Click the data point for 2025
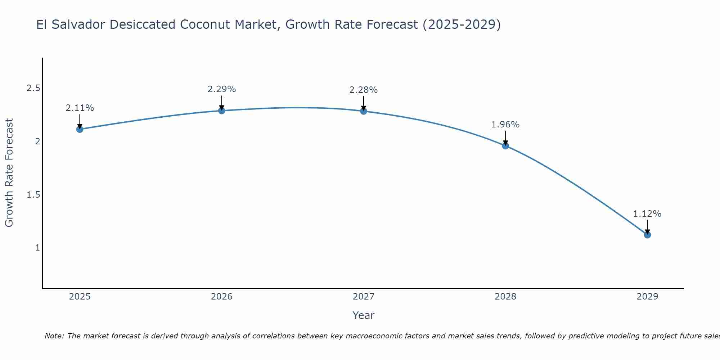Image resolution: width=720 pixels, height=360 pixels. click(80, 129)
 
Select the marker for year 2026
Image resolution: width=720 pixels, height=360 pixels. click(222, 111)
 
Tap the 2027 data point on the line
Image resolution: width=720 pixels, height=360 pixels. click(364, 111)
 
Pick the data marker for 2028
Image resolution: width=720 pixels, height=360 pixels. click(505, 146)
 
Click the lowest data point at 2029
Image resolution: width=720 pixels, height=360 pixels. click(647, 235)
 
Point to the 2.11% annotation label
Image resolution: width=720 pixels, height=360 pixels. click(80, 108)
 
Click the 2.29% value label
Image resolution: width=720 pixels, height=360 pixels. click(222, 89)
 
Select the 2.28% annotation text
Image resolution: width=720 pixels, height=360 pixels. click(364, 90)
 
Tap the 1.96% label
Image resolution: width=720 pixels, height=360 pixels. click(505, 125)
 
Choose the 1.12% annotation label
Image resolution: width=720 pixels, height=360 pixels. click(647, 214)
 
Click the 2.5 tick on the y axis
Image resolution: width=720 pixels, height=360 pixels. click(33, 88)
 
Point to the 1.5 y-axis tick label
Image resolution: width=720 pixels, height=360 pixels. click(33, 195)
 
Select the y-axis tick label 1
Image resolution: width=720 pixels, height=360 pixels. click(37, 248)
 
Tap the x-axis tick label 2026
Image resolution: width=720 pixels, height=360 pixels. click(222, 297)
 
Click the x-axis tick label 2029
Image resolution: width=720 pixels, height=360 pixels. click(647, 297)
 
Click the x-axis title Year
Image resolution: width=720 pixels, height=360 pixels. click(364, 315)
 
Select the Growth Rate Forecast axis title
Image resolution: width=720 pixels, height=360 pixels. click(9, 173)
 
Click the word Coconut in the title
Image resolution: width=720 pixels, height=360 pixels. click(205, 24)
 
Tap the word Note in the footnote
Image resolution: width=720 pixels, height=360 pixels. click(54, 336)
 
